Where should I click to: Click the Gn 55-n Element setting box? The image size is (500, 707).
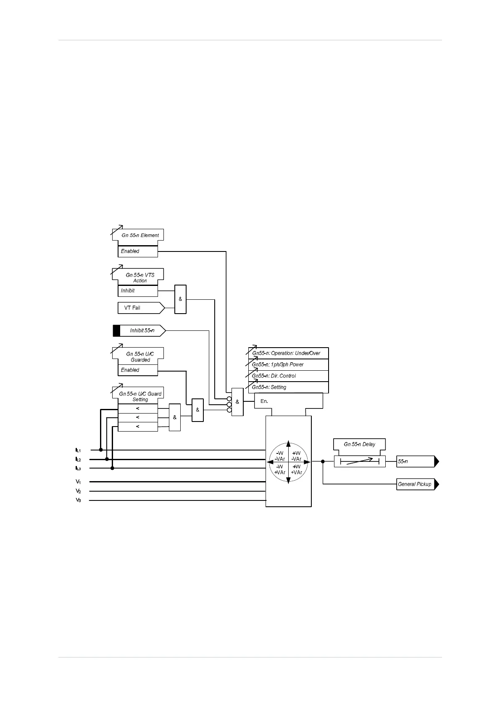click(x=138, y=235)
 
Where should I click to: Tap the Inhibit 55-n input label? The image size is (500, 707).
click(x=142, y=331)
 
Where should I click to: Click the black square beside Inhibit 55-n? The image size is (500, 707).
click(x=116, y=331)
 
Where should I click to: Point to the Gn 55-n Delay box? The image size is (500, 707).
click(x=359, y=444)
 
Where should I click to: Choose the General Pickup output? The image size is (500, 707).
click(x=415, y=484)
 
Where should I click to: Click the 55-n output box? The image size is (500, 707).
click(x=415, y=461)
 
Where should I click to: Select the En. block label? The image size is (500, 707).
click(x=264, y=401)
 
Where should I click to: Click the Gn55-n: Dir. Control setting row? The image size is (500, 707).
click(x=288, y=376)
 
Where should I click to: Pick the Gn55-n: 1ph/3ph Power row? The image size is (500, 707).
click(x=288, y=364)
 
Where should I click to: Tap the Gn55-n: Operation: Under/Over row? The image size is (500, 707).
click(x=288, y=353)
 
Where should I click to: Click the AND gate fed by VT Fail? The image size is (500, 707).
click(x=180, y=299)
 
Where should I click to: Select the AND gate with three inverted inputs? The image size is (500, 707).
click(x=237, y=402)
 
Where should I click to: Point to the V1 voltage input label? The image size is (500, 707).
click(x=78, y=482)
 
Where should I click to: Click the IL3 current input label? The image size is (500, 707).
click(x=78, y=468)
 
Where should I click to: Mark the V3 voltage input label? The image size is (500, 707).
click(x=78, y=500)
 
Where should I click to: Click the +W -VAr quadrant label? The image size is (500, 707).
click(x=297, y=456)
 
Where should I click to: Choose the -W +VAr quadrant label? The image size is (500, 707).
click(x=280, y=469)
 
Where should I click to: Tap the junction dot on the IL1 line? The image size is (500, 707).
click(x=101, y=450)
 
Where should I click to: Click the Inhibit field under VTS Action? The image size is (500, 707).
click(x=137, y=291)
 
